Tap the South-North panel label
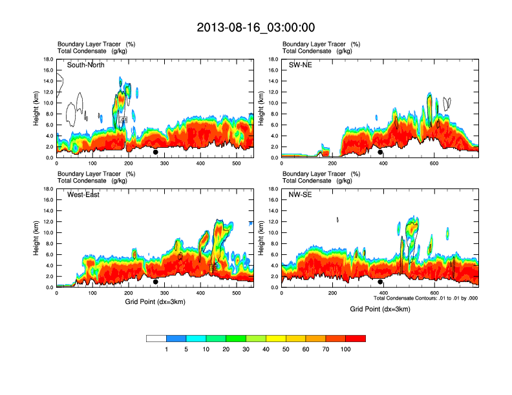click(x=86, y=65)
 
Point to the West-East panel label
click(x=83, y=195)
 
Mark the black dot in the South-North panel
click(x=155, y=152)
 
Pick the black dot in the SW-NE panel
click(x=380, y=152)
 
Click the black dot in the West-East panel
click(x=155, y=281)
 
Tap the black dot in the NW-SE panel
click(x=380, y=281)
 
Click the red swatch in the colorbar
click(x=356, y=338)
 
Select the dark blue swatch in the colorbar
click(x=176, y=338)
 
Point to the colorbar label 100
click(x=346, y=349)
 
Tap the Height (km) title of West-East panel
click(x=36, y=238)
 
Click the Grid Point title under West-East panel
click(x=155, y=302)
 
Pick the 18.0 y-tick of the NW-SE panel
click(x=272, y=189)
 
